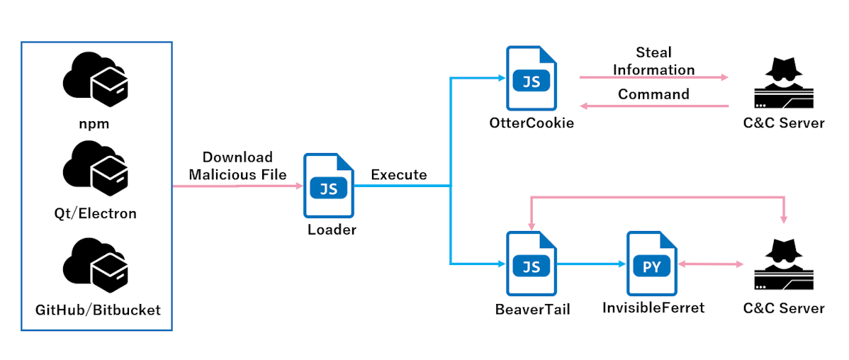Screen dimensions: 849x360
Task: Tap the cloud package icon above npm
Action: click(95, 79)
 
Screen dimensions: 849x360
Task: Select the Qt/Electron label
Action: click(95, 213)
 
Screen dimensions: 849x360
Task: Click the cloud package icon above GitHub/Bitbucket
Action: click(95, 263)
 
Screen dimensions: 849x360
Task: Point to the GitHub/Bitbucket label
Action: click(98, 310)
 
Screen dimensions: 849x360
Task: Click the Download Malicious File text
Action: click(237, 166)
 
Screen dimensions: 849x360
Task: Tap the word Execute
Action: click(398, 175)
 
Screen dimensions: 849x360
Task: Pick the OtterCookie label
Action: click(531, 123)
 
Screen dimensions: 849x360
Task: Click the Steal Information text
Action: click(653, 61)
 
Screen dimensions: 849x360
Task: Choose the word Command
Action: click(653, 94)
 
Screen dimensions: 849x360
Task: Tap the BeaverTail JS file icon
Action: click(532, 264)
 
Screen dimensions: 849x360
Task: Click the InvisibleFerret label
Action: click(653, 308)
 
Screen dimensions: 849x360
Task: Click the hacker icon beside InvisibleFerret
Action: click(784, 265)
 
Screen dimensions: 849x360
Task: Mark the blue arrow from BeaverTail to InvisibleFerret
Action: click(591, 264)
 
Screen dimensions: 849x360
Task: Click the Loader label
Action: click(332, 230)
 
